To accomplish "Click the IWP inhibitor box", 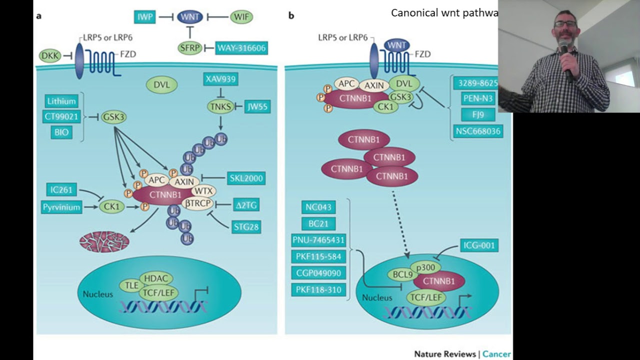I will click(144, 17).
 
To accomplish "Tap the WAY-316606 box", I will click(241, 48).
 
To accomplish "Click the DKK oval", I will click(50, 56).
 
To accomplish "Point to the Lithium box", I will click(61, 101).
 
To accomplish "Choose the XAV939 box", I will click(220, 79).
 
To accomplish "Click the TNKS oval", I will click(220, 106).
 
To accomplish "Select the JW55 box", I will click(257, 106).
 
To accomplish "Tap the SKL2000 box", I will click(246, 178).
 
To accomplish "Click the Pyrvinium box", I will click(61, 206).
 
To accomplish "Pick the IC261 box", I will click(61, 189).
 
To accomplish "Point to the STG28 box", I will click(246, 226).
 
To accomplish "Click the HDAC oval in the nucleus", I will click(156, 278).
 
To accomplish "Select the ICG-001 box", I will click(479, 245).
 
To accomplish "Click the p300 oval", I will click(425, 267).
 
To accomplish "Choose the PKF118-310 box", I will click(318, 289).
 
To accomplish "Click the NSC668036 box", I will click(478, 131).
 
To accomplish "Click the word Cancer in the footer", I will click(496, 354).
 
